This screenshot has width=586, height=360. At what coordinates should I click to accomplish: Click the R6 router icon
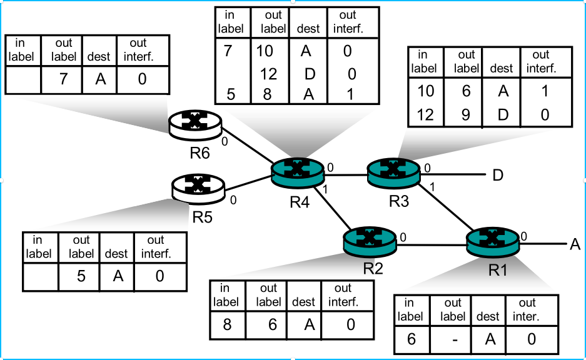[x=196, y=126]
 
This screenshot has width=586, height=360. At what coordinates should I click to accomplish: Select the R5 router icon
[x=198, y=186]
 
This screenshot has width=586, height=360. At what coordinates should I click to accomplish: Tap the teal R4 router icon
[x=298, y=171]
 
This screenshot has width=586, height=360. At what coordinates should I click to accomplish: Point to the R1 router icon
[x=493, y=241]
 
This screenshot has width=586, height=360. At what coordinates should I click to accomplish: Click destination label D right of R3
[x=498, y=175]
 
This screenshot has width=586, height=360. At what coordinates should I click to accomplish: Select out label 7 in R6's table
[x=63, y=79]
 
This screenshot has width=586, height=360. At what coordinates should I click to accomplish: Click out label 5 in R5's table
[x=81, y=275]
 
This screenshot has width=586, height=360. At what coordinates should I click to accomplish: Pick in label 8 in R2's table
[x=226, y=324]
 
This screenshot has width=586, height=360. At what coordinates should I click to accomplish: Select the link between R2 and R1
[x=432, y=244]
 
